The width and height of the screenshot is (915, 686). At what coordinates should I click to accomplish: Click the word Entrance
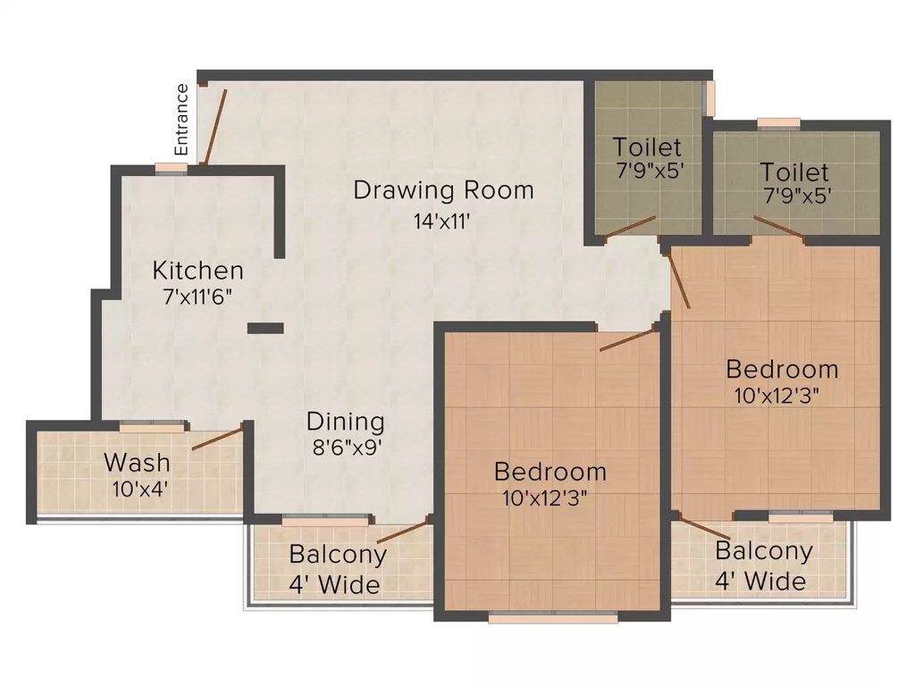pos(182,120)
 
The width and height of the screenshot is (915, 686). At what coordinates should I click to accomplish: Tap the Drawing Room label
pos(443,190)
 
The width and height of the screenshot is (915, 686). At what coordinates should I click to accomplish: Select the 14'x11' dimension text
pos(441,222)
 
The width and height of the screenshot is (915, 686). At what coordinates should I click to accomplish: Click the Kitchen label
pos(197,271)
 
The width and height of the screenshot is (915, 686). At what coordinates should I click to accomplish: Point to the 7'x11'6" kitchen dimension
pos(197,297)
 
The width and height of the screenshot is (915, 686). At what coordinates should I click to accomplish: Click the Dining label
pos(346,422)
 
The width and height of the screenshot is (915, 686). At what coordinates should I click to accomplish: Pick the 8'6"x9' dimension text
pos(347,448)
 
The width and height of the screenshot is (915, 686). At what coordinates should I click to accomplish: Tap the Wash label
pos(137,463)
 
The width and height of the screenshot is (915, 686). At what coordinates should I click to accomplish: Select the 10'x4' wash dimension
pos(140,489)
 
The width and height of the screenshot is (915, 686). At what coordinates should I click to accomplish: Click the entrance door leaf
pos(214,127)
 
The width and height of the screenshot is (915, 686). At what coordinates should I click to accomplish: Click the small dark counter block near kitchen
pos(265,329)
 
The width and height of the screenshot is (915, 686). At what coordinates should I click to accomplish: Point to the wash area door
pos(217,438)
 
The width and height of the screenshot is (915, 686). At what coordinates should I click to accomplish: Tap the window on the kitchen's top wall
pos(172,169)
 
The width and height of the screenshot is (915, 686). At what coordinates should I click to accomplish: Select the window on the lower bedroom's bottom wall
pos(552,617)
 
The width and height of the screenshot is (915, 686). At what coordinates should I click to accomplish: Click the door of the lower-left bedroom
pos(626,340)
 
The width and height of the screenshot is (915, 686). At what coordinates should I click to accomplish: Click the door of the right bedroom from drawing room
pos(679,280)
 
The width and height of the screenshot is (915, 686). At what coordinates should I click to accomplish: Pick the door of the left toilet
pos(631,227)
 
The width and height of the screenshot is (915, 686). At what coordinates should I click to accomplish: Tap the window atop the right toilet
pos(778,123)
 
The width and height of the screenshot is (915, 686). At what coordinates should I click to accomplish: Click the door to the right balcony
pos(704,527)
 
